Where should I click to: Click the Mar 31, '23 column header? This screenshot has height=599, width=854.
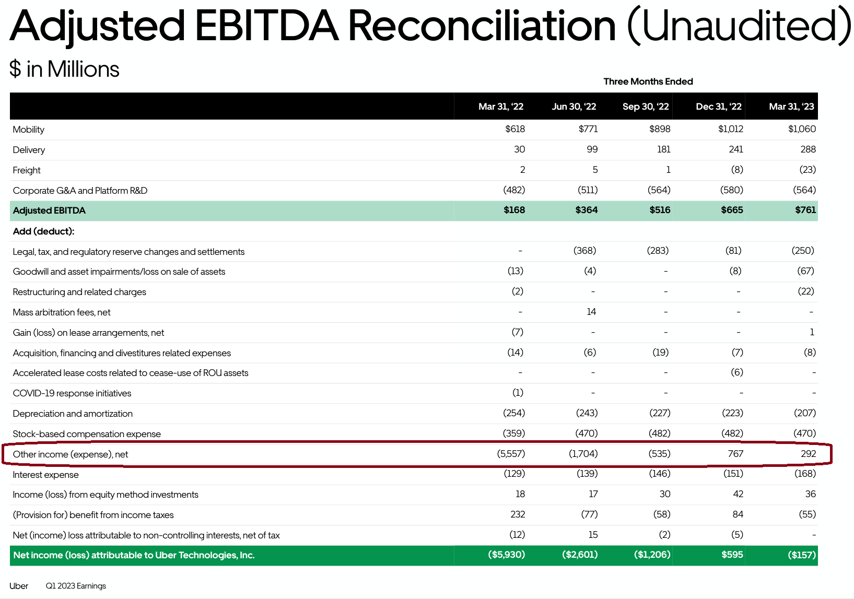point(791,107)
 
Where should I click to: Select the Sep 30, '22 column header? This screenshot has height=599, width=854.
point(645,107)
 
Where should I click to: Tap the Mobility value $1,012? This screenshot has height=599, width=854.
point(730,129)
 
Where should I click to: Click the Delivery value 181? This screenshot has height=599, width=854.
point(663,149)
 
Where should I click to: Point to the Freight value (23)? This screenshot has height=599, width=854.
point(807,170)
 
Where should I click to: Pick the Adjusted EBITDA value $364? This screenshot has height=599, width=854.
point(586,210)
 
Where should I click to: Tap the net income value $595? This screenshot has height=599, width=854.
point(732,555)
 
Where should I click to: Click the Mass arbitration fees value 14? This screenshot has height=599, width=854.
point(591,312)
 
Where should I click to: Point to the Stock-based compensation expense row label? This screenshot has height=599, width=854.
point(87,434)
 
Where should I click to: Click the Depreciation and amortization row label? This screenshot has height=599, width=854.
point(73,414)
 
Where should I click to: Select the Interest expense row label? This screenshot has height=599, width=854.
point(45,475)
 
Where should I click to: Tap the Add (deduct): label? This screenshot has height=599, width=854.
point(43,231)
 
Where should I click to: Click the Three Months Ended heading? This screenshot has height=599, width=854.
point(648,81)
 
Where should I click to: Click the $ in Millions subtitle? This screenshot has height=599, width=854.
point(64,69)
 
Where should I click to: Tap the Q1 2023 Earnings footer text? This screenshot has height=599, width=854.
point(76,586)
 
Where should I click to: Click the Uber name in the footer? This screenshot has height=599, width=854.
point(19,586)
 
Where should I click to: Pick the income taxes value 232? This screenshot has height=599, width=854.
point(517,514)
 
